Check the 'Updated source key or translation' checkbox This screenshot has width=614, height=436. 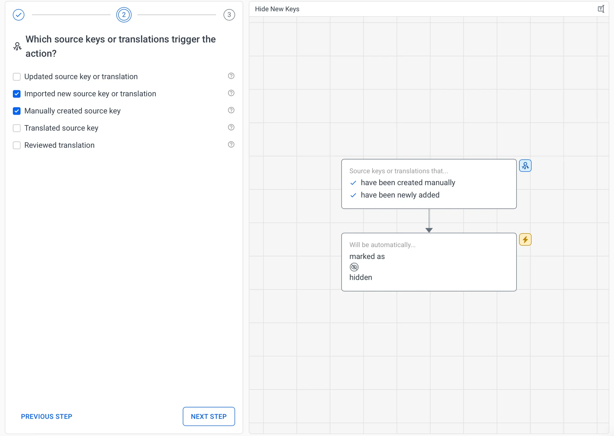17,77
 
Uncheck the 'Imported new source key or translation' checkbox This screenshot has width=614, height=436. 17,94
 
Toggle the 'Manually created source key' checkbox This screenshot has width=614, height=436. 17,111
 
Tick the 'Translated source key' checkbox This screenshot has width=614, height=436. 17,128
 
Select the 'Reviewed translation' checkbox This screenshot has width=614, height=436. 17,145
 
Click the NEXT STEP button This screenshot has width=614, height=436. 209,416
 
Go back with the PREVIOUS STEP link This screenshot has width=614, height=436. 47,416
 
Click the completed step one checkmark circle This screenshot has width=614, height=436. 19,15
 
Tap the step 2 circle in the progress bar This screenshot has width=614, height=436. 124,15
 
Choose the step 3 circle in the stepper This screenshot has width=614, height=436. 229,15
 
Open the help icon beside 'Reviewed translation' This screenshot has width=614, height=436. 231,145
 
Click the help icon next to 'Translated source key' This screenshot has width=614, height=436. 231,127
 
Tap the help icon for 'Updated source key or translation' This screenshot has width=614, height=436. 231,76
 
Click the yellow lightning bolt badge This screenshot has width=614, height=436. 525,240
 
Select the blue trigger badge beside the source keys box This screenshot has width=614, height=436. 525,166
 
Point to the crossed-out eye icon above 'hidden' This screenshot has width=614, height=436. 354,267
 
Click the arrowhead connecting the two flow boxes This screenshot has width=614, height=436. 429,230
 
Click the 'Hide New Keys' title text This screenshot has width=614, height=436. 277,9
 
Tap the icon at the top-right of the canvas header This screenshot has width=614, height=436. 601,9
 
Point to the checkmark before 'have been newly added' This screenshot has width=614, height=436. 353,195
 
